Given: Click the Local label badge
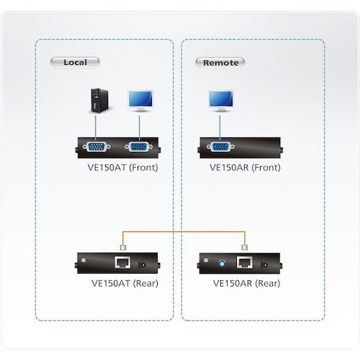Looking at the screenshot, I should coord(75,62).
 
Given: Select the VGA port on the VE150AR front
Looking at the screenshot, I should coord(219,148).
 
